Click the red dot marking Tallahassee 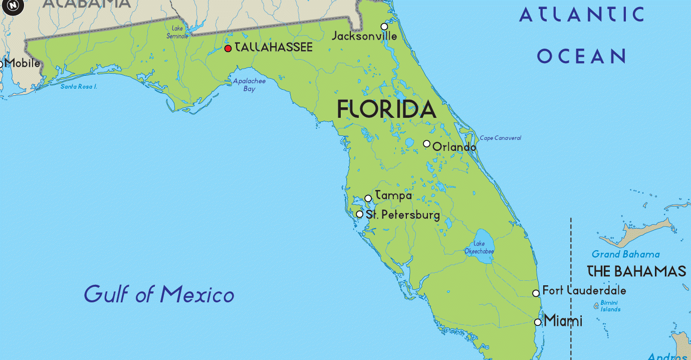tap(228, 48)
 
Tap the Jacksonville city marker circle tap(384, 27)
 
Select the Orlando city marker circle tap(426, 143)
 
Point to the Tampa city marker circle tap(368, 199)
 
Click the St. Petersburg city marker tap(359, 214)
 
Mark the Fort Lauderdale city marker tap(536, 293)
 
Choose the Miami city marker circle tap(538, 322)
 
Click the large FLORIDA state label tap(386, 109)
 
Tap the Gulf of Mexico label tap(159, 294)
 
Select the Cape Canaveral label tap(500, 138)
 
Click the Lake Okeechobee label tap(479, 248)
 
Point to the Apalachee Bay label tap(249, 85)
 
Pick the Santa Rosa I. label tap(79, 86)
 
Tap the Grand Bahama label tap(625, 254)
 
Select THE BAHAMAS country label tap(636, 271)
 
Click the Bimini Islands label tap(610, 306)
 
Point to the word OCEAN tap(582, 56)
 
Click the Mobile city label tap(23, 64)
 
